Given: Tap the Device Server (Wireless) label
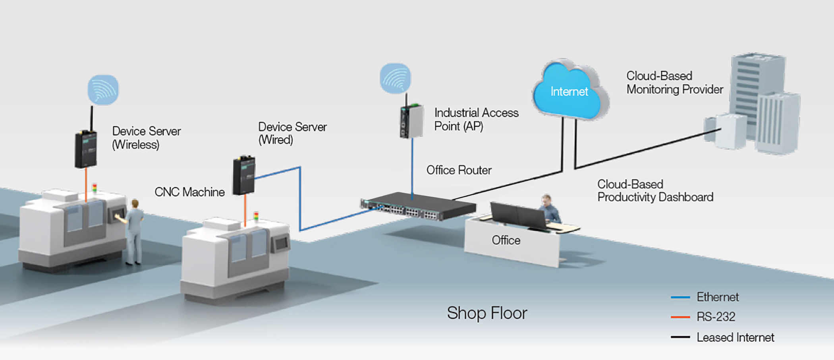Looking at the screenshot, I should pyautogui.click(x=146, y=137).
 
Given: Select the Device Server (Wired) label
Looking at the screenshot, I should pyautogui.click(x=292, y=133).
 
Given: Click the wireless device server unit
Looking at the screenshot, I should pyautogui.click(x=85, y=149).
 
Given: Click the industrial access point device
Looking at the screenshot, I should pyautogui.click(x=411, y=121).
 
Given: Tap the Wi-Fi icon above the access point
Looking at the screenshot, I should pyautogui.click(x=395, y=78).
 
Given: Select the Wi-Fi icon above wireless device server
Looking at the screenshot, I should pyautogui.click(x=103, y=90).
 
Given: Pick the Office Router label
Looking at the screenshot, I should pyautogui.click(x=459, y=170).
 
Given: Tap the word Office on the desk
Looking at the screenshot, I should pyautogui.click(x=506, y=240).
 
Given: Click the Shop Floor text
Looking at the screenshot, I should pyautogui.click(x=487, y=313).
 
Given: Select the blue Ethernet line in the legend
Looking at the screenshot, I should pyautogui.click(x=680, y=297).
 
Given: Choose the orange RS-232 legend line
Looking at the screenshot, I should pyautogui.click(x=680, y=317).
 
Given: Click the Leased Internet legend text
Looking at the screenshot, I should pyautogui.click(x=735, y=337).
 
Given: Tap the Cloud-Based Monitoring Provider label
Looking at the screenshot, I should pyautogui.click(x=674, y=82).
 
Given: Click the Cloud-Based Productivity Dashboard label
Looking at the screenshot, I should pyautogui.click(x=655, y=191).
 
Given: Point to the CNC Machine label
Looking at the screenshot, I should pyautogui.click(x=189, y=192).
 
